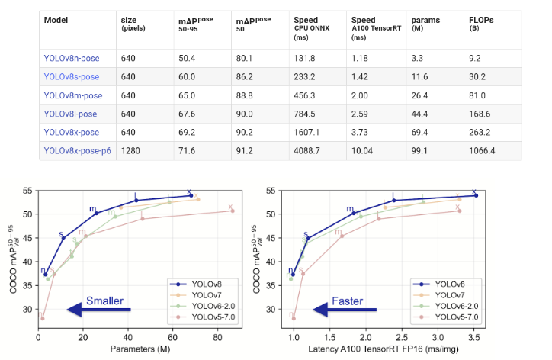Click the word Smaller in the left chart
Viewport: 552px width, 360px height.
[x=104, y=301]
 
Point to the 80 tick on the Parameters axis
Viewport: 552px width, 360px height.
[x=217, y=335]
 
